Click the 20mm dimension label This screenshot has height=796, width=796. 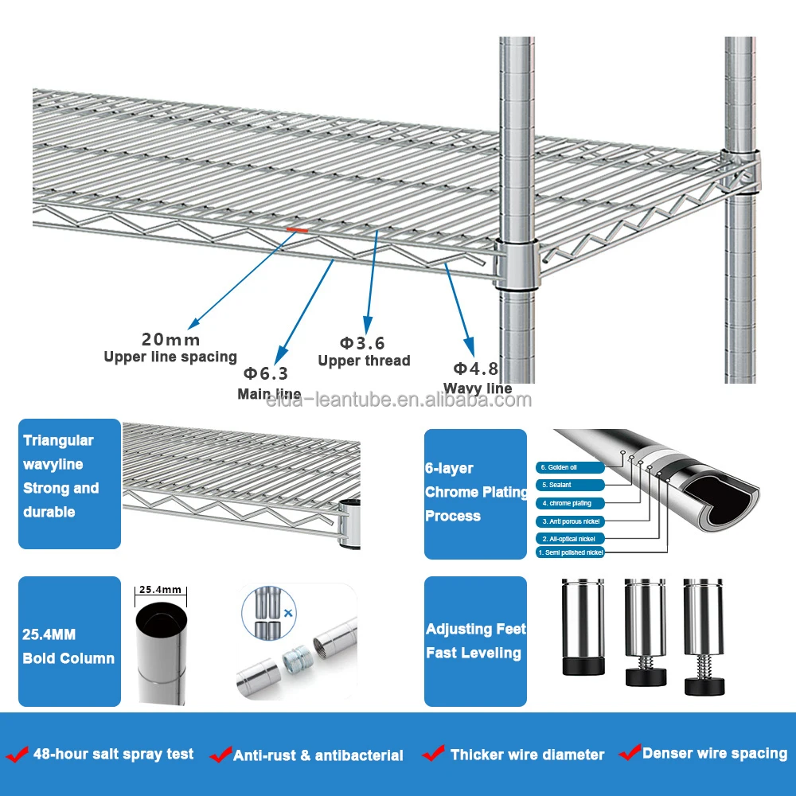[170, 341]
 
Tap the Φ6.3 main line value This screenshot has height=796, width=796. [266, 373]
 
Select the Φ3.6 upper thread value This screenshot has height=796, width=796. [362, 343]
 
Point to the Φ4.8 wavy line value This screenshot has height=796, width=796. [476, 369]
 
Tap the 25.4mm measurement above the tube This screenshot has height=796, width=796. [161, 591]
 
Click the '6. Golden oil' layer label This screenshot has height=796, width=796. [570, 467]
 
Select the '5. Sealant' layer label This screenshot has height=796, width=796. [570, 485]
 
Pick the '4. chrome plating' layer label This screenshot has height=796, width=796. [570, 503]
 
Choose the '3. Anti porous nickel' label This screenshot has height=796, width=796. [570, 521]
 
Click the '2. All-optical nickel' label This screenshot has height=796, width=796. [570, 539]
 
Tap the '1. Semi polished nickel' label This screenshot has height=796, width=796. [570, 552]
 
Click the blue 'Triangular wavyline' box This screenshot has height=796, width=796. [69, 484]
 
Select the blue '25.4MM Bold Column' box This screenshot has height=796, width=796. [69, 642]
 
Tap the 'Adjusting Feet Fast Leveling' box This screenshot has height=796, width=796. [475, 642]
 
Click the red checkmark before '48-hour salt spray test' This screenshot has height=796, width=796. [17, 754]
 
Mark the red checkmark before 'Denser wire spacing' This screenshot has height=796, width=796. [630, 751]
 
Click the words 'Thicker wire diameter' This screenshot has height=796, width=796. [527, 755]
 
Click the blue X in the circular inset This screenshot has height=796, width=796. [287, 614]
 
